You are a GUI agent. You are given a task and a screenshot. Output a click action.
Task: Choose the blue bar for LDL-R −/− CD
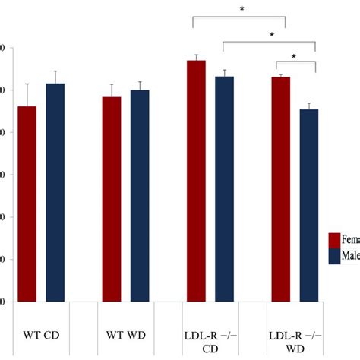[224, 189]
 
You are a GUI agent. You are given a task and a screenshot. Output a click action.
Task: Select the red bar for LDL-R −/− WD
[281, 189]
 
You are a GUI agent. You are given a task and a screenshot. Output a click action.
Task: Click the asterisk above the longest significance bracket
[242, 9]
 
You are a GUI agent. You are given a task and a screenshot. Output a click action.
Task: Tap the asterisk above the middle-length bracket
[270, 34]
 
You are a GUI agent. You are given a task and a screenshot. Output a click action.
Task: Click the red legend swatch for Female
[334, 241]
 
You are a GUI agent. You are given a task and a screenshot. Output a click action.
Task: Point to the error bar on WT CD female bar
[27, 95]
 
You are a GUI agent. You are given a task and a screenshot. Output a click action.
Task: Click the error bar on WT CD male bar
[55, 77]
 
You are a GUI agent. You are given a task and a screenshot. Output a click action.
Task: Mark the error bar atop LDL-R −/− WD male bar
[309, 106]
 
